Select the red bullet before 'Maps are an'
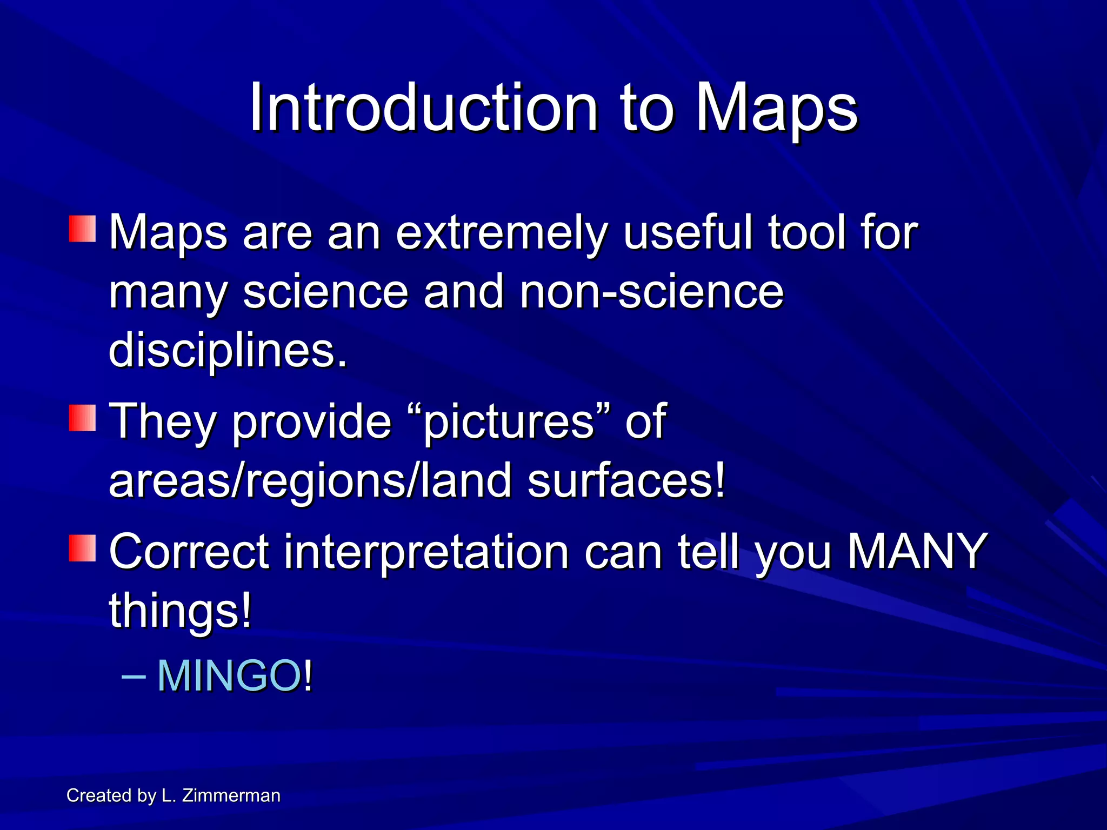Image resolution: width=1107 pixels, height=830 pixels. click(x=82, y=229)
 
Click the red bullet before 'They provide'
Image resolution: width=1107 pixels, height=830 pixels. click(x=82, y=418)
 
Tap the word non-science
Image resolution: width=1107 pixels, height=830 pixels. click(x=651, y=292)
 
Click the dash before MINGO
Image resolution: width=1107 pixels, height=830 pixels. click(x=133, y=675)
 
